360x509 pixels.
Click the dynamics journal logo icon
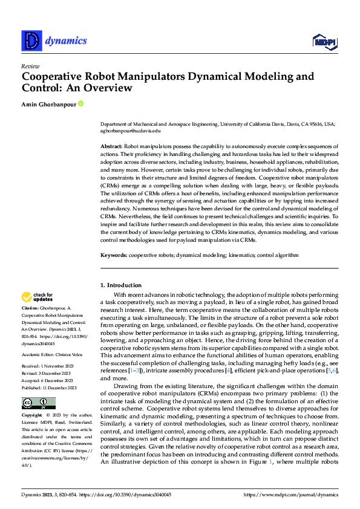31,41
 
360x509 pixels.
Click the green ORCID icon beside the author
80,104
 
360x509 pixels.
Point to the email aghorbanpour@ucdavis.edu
130,130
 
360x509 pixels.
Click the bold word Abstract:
112,147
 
